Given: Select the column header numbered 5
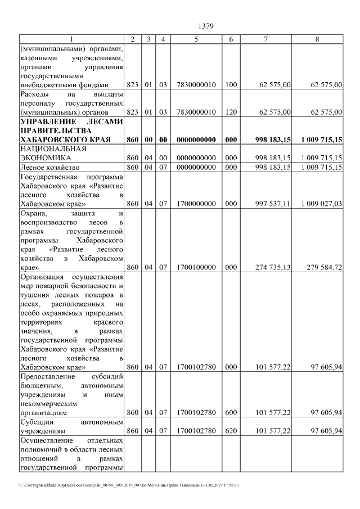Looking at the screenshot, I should coord(196,39).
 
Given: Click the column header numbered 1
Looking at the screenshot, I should coord(71,39).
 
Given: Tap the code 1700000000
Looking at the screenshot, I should coord(196,204).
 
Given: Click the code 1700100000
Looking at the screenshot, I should coord(196,268).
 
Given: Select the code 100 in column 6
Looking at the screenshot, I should coord(231,85).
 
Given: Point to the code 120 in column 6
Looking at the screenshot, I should coord(231,112).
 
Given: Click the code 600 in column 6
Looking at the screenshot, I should coord(231,412).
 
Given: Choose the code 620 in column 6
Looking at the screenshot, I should coord(231,431).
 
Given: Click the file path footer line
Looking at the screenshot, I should coord(129,485).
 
